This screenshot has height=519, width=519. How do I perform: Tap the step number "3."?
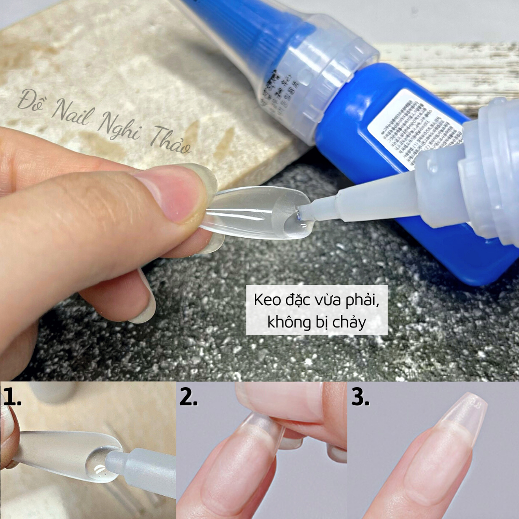(360, 397)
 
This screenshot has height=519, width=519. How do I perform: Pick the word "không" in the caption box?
(287, 322)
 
